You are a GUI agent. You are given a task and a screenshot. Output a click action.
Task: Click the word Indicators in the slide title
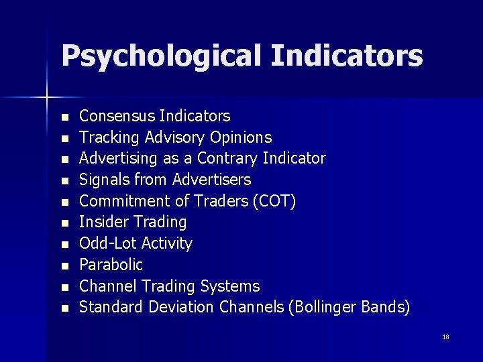tap(347, 55)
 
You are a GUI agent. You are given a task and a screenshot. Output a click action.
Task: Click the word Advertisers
tap(211, 180)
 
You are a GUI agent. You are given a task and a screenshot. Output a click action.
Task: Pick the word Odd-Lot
tap(107, 243)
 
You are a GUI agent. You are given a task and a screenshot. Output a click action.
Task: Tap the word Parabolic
tap(111, 265)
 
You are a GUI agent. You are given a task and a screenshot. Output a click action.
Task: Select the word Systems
tap(231, 286)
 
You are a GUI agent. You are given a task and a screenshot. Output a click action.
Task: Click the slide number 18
tap(446, 337)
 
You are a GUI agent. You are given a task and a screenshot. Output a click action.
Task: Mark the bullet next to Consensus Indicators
tap(64, 117)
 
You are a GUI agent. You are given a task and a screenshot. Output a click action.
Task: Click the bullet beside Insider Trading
tap(64, 223)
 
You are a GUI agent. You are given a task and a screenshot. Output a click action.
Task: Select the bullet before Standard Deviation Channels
tap(64, 308)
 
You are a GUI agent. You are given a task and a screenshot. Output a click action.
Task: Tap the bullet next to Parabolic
tap(64, 266)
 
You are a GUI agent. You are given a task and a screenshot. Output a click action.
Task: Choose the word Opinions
tap(241, 138)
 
